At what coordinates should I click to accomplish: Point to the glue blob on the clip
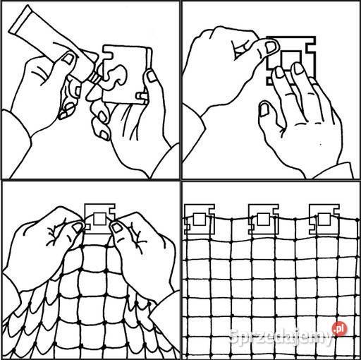(x=115, y=76)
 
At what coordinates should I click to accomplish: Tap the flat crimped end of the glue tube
(x=20, y=20)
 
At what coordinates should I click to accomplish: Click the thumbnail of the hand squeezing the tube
(x=68, y=58)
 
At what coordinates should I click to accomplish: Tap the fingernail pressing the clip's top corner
(x=271, y=47)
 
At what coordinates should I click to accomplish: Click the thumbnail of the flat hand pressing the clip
(x=264, y=110)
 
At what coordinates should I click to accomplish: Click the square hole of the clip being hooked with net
(x=100, y=219)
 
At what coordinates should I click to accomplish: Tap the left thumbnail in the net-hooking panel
(x=78, y=227)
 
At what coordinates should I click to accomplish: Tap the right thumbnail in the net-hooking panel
(x=116, y=227)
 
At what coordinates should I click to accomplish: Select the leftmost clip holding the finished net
(x=200, y=220)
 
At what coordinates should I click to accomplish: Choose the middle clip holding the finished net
(x=264, y=220)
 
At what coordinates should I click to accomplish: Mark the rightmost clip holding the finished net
(x=324, y=220)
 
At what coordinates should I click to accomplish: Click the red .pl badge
(x=339, y=328)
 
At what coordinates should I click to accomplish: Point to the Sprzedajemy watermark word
(x=281, y=337)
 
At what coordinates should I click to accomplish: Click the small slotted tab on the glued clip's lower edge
(x=142, y=96)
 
